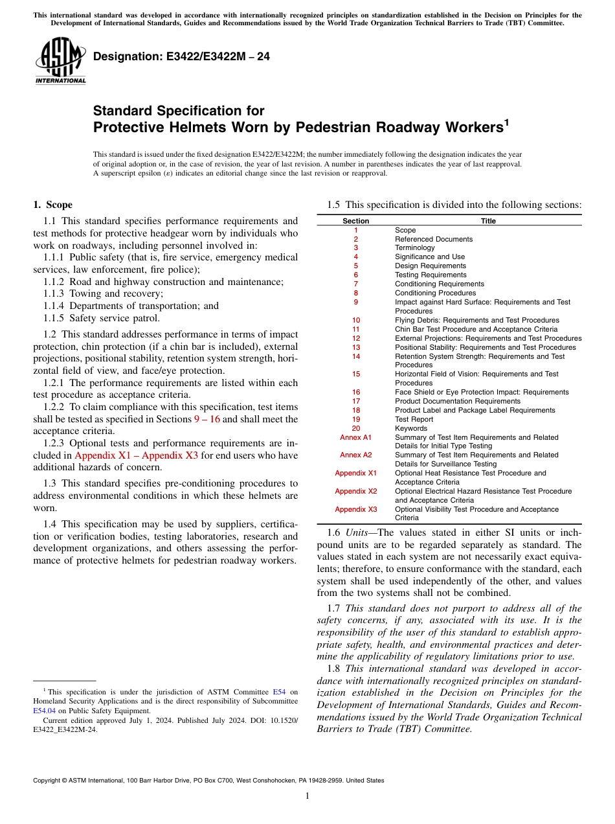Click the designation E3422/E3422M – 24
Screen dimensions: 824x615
tap(182, 57)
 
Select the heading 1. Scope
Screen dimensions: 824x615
tap(53, 205)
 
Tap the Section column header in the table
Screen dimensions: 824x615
tap(355, 221)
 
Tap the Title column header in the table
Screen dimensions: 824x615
tap(488, 221)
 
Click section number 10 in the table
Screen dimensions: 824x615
tap(355, 320)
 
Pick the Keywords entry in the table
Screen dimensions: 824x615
tap(411, 428)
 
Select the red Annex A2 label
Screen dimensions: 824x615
tap(355, 455)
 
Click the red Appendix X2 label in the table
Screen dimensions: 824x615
tap(355, 491)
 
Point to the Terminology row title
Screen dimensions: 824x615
tap(415, 247)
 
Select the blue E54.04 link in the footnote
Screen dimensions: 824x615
tap(43, 711)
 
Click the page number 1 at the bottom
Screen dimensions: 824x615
tap(307, 796)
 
